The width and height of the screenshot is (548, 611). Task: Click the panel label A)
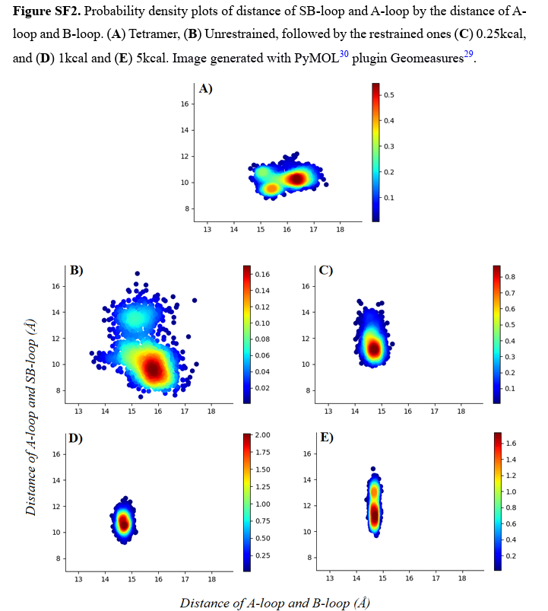coord(205,88)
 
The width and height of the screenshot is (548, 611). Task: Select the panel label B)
coord(76,270)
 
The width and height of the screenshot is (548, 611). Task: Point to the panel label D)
coord(76,438)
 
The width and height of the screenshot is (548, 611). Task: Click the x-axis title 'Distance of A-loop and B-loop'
coord(274,603)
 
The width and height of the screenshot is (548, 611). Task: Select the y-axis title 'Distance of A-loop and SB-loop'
coord(32,417)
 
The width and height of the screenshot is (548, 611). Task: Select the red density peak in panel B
coord(154,371)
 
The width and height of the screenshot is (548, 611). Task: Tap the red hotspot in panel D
coord(124,523)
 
